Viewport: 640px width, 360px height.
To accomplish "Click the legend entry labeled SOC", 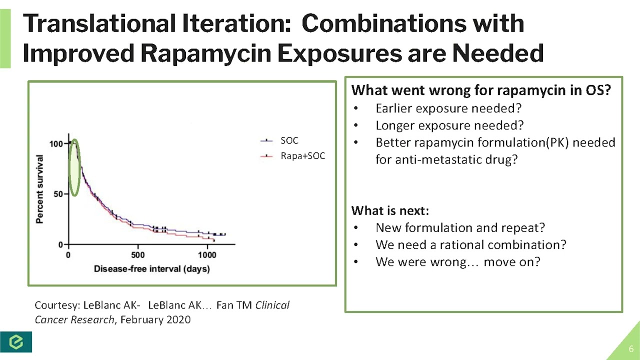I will click(x=289, y=141).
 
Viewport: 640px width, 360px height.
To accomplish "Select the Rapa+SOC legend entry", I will click(x=302, y=156).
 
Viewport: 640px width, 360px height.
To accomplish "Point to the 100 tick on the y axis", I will click(x=56, y=144).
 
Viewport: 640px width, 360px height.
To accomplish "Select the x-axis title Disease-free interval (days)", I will click(x=152, y=269).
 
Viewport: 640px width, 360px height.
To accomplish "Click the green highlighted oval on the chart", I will click(x=74, y=167).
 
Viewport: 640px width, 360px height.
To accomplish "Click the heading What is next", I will click(x=390, y=209).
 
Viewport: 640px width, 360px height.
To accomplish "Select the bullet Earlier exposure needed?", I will click(x=448, y=108).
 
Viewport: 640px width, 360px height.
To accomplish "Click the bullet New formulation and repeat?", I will click(x=460, y=227).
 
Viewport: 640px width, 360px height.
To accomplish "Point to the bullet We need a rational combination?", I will click(x=470, y=245).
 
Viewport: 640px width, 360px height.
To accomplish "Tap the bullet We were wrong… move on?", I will click(x=457, y=262).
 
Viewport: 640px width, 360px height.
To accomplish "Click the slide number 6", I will click(x=631, y=348).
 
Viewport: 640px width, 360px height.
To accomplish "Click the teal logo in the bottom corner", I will click(x=16, y=341).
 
